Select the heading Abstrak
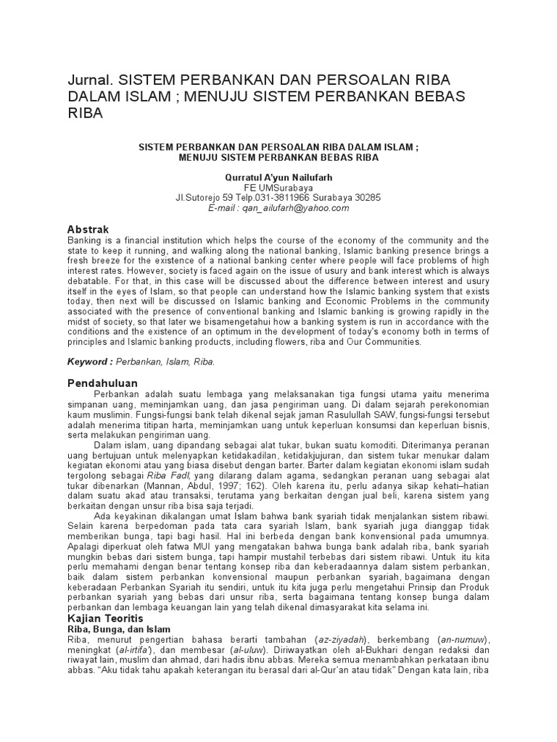pyautogui.click(x=88, y=229)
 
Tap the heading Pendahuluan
pyautogui.click(x=102, y=382)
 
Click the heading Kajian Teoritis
pyautogui.click(x=106, y=619)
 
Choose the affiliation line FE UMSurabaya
pyautogui.click(x=278, y=187)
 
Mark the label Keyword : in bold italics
pyautogui.click(x=90, y=360)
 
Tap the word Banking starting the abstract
pyautogui.click(x=86, y=240)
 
